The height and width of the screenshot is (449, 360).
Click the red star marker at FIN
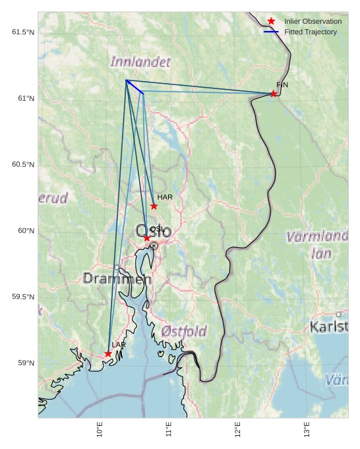coord(273,94)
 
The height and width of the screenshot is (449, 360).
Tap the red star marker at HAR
coord(154,206)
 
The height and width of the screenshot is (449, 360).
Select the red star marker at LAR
coord(108,354)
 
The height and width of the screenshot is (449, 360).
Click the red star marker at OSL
coord(146,238)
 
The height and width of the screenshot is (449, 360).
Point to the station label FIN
coord(282,85)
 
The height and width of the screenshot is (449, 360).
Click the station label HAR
coord(165,197)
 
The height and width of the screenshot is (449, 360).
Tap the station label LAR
coord(119,345)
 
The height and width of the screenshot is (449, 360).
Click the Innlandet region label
coord(140,62)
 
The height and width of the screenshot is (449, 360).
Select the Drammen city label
coord(117,279)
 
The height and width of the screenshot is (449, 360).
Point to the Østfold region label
coord(184,330)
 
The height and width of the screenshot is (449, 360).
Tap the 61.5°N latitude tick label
coord(23,32)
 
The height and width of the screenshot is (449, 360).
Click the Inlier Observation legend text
coord(313,22)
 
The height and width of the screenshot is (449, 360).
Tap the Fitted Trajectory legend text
coord(311,32)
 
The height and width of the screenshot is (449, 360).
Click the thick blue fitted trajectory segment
coord(135,86)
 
